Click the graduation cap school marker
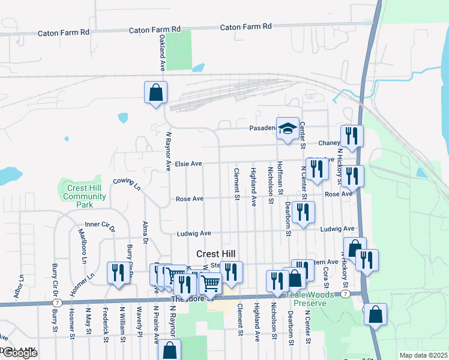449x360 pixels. pyautogui.click(x=288, y=128)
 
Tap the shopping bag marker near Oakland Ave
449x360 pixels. pyautogui.click(x=155, y=93)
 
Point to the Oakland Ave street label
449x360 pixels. pyautogui.click(x=161, y=53)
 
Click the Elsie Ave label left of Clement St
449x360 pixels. pyautogui.click(x=188, y=163)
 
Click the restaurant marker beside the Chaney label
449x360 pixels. pyautogui.click(x=351, y=136)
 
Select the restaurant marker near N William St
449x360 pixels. pyautogui.click(x=118, y=273)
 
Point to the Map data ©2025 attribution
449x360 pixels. pyautogui.click(x=423, y=355)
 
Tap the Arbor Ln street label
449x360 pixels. pyautogui.click(x=17, y=287)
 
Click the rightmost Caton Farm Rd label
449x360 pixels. pyautogui.click(x=246, y=26)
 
